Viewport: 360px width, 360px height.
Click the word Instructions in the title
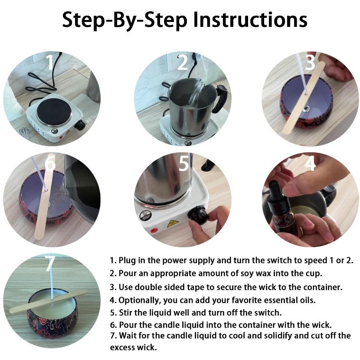[250, 20]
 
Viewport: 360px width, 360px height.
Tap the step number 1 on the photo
[49, 62]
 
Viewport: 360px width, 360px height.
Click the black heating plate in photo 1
[54, 111]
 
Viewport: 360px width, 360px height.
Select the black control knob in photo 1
[80, 125]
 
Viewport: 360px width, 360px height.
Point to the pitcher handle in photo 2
[220, 98]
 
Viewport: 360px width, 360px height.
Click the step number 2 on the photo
[183, 62]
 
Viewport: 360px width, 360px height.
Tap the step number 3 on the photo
[310, 62]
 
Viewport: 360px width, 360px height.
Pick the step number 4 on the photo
[310, 163]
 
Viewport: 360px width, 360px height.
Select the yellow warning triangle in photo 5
[173, 223]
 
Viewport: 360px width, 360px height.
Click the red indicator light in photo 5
[154, 230]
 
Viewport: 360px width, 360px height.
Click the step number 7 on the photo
[50, 264]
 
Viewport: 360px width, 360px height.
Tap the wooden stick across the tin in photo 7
[49, 301]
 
